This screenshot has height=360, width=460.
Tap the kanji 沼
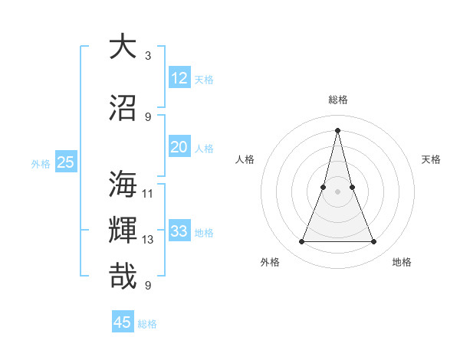coord(123,107)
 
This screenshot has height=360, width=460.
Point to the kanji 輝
coord(123,231)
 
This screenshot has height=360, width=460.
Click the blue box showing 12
coord(179,78)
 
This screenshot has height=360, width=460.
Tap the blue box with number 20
coord(179,147)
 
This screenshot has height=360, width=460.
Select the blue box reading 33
coord(179,231)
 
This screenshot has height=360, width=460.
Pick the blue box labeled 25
coord(66,162)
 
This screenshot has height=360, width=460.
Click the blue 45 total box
coord(123,322)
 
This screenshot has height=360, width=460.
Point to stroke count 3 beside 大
coord(148,56)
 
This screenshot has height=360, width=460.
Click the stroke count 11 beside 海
coord(148,193)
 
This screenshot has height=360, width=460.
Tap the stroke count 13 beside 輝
coord(148,240)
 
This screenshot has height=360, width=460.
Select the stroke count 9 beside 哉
coord(148,286)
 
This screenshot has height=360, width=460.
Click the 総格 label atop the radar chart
coord(338,100)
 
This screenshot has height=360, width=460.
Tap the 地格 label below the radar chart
coord(402,262)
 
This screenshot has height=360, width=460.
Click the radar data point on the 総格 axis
coord(337,129)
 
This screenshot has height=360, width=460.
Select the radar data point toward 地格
coord(374,242)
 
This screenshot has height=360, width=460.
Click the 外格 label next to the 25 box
coord(41,163)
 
